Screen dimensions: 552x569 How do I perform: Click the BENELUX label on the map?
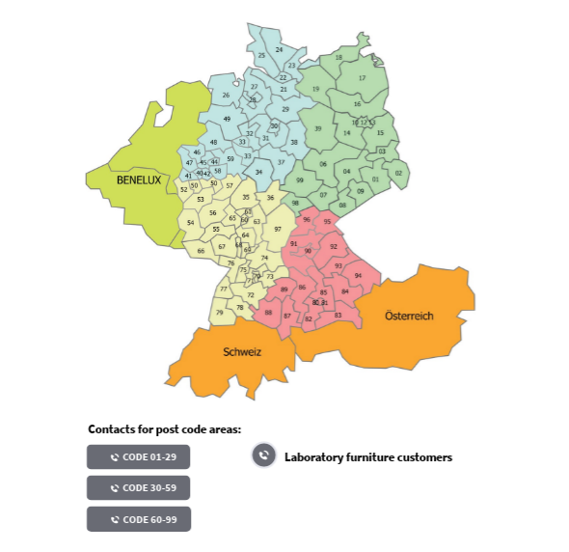[x=138, y=179]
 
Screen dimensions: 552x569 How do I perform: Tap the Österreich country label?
[x=409, y=316]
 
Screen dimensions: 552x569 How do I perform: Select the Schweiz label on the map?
[x=242, y=352]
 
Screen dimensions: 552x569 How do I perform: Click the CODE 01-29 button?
[x=139, y=457]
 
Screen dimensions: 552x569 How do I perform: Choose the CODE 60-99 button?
[x=139, y=519]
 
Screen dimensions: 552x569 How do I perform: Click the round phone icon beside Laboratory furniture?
[x=264, y=456]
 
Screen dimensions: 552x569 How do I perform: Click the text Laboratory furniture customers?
[x=367, y=457]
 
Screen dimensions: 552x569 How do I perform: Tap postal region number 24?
[x=279, y=49]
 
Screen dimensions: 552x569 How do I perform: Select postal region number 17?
[x=363, y=78]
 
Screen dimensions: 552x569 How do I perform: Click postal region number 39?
[x=317, y=128]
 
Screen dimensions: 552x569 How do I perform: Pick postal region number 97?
[x=278, y=229]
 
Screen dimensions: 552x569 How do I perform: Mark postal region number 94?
[x=358, y=276]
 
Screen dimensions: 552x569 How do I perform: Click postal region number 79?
[x=220, y=313]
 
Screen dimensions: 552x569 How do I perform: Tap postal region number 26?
[x=226, y=96]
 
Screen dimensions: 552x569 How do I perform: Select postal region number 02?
[x=398, y=174]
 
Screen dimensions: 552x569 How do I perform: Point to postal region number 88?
[x=268, y=313]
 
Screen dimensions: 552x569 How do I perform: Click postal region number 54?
[x=191, y=223]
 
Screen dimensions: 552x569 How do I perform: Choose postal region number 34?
[x=258, y=172]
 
